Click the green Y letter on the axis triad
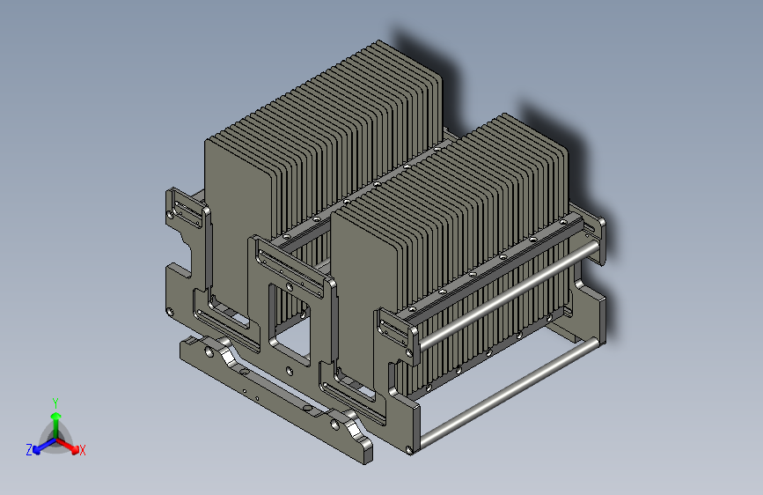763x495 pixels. click(55, 402)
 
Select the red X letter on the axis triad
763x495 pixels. click(83, 451)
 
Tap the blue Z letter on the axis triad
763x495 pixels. click(29, 450)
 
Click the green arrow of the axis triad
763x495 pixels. click(55, 418)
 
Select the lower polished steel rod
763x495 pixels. click(510, 388)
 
